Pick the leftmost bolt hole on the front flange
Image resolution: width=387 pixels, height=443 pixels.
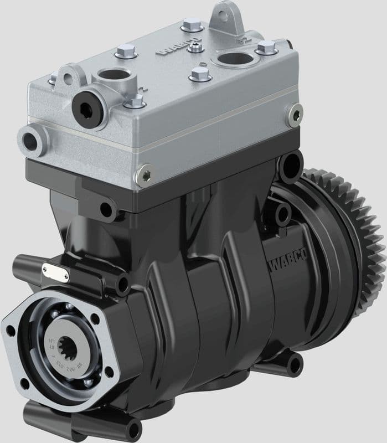[11, 331]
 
